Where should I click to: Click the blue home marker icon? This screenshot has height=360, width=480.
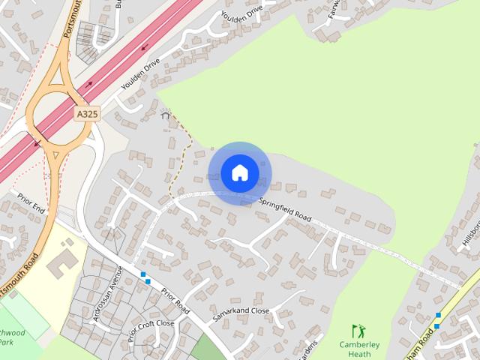coord(240,173)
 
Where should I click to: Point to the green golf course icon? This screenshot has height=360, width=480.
coord(359,330)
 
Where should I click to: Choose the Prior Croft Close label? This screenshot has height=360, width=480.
coord(150,329)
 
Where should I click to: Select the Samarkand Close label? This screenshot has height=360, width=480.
coord(241,315)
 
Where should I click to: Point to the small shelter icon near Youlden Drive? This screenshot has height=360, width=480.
coord(166,115)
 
